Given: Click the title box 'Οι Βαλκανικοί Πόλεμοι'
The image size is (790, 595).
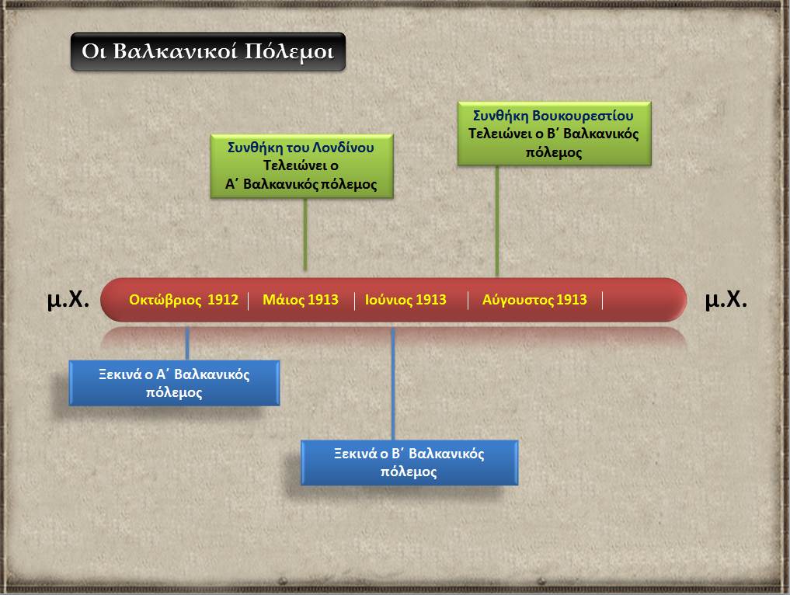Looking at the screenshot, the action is [x=208, y=52].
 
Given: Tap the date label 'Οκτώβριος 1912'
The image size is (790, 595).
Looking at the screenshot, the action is [x=183, y=300].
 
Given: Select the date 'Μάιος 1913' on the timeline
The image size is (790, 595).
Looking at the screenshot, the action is [x=301, y=300].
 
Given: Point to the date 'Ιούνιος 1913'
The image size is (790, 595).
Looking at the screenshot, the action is [x=405, y=300].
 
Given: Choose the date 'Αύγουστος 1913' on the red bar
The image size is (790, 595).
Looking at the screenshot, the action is [x=534, y=300].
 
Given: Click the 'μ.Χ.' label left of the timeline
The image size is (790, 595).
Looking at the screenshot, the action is [x=68, y=299].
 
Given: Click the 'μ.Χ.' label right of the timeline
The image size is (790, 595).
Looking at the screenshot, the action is [x=726, y=299].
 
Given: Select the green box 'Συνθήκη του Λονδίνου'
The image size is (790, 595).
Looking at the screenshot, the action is [x=301, y=165].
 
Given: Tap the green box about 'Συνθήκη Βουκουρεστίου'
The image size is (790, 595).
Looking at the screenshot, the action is [x=554, y=134].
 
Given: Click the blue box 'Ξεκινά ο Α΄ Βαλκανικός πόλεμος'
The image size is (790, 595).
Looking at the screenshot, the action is [x=174, y=383].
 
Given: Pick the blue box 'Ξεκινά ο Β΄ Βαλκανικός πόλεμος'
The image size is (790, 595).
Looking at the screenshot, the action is [x=409, y=462].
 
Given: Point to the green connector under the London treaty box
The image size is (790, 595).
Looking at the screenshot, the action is [x=305, y=235].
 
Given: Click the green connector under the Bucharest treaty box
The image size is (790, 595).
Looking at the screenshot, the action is [x=497, y=221].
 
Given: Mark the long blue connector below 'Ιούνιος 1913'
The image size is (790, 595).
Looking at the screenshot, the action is [x=393, y=384].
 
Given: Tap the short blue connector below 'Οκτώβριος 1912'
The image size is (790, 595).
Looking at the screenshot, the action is [x=187, y=343].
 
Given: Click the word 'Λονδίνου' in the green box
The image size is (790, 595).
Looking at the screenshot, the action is [x=343, y=147].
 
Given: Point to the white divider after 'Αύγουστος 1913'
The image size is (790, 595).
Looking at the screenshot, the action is [x=603, y=301].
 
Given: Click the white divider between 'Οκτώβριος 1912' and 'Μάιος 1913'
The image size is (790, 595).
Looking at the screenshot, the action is [x=249, y=301].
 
